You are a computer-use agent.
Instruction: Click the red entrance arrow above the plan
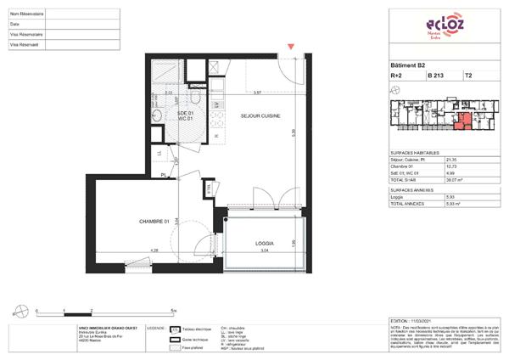coord(292,48)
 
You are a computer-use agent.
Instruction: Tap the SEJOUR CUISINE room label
coord(260,115)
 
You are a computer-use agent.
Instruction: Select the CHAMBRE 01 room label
coord(155,222)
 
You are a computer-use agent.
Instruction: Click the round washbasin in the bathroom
coord(157,116)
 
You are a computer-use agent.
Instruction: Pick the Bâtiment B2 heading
coord(408,65)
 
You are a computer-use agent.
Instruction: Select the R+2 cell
coord(396,76)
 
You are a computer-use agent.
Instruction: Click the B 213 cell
coord(436,76)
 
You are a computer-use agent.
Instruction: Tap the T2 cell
coord(468,76)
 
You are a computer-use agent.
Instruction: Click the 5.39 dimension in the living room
coord(293,132)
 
